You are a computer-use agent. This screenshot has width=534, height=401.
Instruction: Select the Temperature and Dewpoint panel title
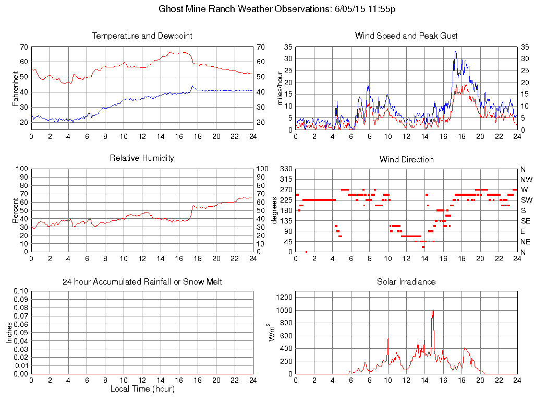tap(142, 36)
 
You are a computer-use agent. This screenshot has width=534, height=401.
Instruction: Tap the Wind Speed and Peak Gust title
tap(406, 36)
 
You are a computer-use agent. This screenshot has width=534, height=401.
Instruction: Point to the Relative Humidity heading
tap(142, 158)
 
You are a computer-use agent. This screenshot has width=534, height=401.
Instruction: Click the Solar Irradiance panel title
tap(406, 282)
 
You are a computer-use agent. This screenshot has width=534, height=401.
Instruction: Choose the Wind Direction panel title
tap(406, 159)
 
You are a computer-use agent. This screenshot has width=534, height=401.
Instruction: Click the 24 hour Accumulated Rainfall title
tap(142, 282)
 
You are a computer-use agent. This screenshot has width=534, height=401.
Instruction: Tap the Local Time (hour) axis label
tap(142, 389)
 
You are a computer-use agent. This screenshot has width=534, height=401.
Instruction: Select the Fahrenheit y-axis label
tap(16, 88)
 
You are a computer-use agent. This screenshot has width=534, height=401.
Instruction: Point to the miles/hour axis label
tap(280, 88)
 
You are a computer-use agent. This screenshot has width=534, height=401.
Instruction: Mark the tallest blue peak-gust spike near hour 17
tap(455, 52)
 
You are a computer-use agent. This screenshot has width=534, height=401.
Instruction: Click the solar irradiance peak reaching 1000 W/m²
tap(433, 311)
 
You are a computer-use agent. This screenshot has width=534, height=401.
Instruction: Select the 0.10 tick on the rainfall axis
tap(20, 291)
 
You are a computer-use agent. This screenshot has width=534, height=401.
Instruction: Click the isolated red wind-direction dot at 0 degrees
tap(307, 252)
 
